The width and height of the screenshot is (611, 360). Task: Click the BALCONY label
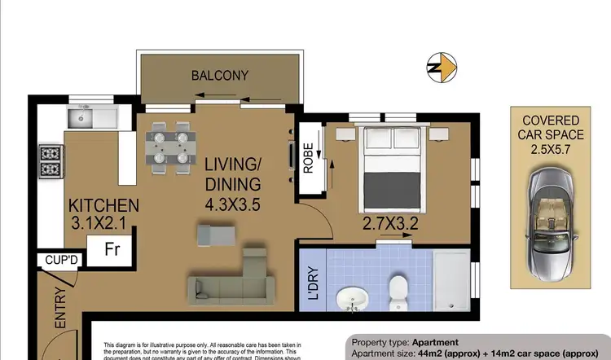point(219,76)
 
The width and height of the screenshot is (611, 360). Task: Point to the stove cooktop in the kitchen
point(51,161)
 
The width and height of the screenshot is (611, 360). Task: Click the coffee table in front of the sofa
point(218,235)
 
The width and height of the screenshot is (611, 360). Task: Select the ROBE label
point(308,160)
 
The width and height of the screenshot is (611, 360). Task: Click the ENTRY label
point(59,311)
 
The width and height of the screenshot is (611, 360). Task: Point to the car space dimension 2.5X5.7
point(551,151)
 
